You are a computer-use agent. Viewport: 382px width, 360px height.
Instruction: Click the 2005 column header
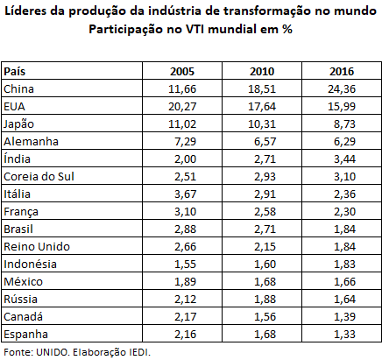pos(182,71)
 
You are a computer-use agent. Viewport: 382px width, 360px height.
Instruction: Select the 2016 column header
pos(342,71)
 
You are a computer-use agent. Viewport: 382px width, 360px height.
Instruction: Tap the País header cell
pos(15,71)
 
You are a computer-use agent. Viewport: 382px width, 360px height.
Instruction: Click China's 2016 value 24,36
pos(342,89)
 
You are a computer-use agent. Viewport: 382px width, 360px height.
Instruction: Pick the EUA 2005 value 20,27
pos(182,107)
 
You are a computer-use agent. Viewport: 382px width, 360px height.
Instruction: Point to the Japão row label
pos(18,124)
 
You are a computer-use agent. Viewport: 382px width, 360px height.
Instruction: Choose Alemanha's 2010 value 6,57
pos(265,142)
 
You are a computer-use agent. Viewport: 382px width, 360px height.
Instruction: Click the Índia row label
pos(17,159)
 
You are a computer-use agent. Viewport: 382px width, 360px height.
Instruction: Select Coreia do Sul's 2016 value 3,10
pos(345,177)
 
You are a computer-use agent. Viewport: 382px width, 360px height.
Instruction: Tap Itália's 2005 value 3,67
pos(186,194)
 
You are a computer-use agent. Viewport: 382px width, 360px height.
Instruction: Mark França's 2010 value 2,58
pos(265,212)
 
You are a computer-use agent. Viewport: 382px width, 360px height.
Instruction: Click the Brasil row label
pos(18,229)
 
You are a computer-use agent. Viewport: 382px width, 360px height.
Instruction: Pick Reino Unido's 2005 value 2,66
pos(186,247)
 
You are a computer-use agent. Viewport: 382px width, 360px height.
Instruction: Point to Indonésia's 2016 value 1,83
pos(345,265)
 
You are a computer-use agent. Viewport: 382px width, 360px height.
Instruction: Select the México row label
pos(23,281)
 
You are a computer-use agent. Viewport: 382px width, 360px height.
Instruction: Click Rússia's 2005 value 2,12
pos(186,300)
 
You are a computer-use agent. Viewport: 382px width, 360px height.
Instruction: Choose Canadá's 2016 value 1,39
pos(345,317)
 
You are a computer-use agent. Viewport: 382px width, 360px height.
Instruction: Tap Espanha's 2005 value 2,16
pos(186,335)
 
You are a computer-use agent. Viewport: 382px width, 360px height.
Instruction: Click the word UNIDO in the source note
pos(53,352)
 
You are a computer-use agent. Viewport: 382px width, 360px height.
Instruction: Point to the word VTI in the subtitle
pos(195,29)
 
